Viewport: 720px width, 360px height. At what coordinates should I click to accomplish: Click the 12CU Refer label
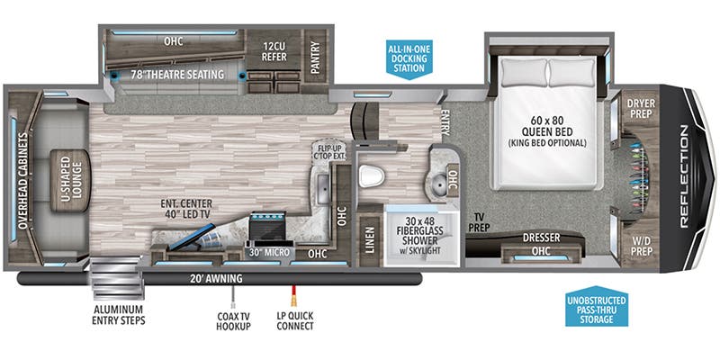[274, 51]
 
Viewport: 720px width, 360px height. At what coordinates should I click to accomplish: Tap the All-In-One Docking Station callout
[409, 58]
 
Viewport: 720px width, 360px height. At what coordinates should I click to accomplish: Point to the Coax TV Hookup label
[234, 321]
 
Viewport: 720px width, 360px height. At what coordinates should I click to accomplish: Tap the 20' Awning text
[217, 278]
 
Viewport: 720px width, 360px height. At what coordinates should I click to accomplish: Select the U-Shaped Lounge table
[69, 180]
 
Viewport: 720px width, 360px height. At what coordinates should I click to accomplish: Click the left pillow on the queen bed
[524, 73]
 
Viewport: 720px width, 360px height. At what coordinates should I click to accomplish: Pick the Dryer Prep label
[641, 108]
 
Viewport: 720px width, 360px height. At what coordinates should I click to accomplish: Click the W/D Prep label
[641, 246]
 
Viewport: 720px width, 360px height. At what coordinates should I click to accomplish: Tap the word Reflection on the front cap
[683, 176]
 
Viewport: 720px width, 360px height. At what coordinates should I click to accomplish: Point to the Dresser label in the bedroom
[541, 238]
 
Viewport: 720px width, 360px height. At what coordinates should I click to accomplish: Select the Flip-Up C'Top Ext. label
[328, 152]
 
